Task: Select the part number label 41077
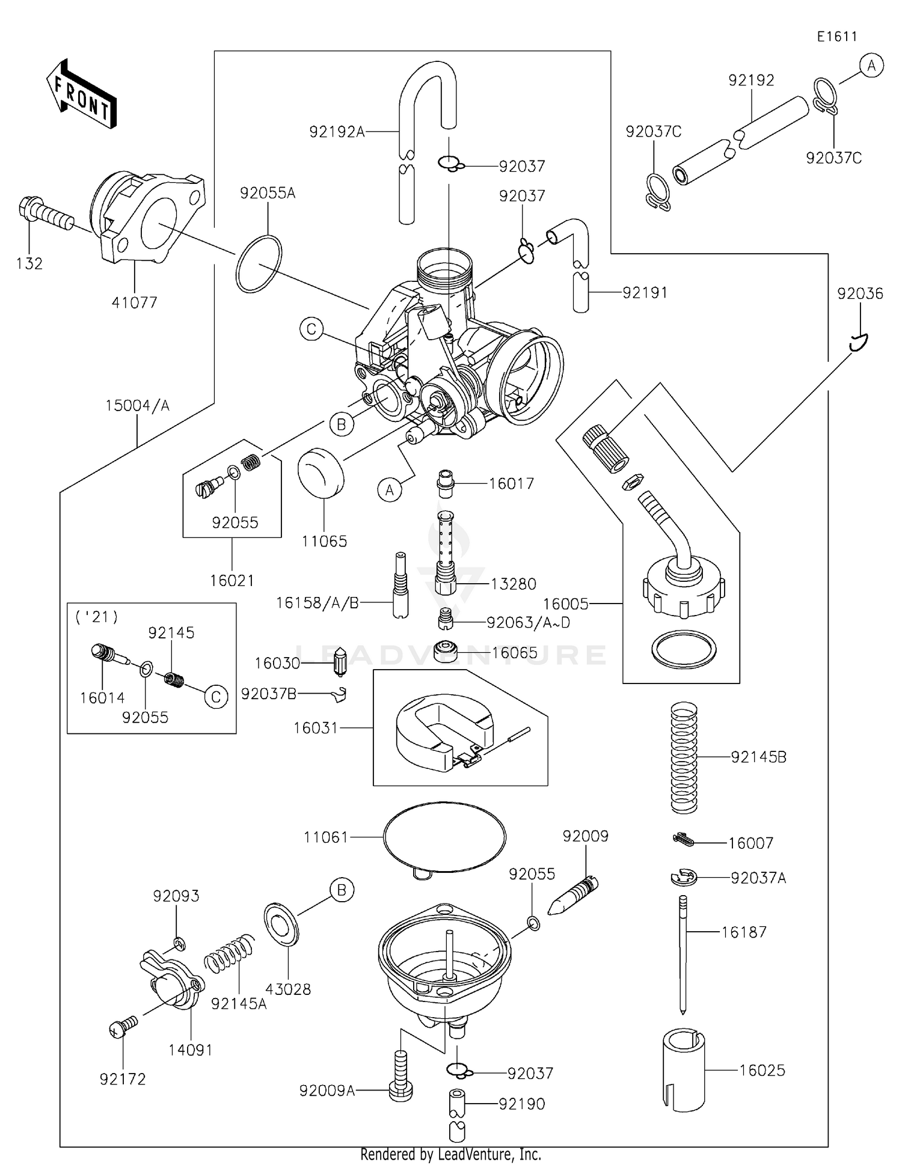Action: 134,302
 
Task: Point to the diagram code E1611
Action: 836,37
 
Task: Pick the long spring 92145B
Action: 684,758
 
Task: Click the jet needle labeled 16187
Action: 683,953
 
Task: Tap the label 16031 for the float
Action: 316,728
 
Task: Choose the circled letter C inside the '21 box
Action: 216,697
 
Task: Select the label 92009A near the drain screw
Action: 327,1090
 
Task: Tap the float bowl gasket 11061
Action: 444,836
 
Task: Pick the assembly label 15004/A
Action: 137,406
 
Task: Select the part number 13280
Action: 513,584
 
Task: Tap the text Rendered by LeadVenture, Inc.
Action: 450,1154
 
